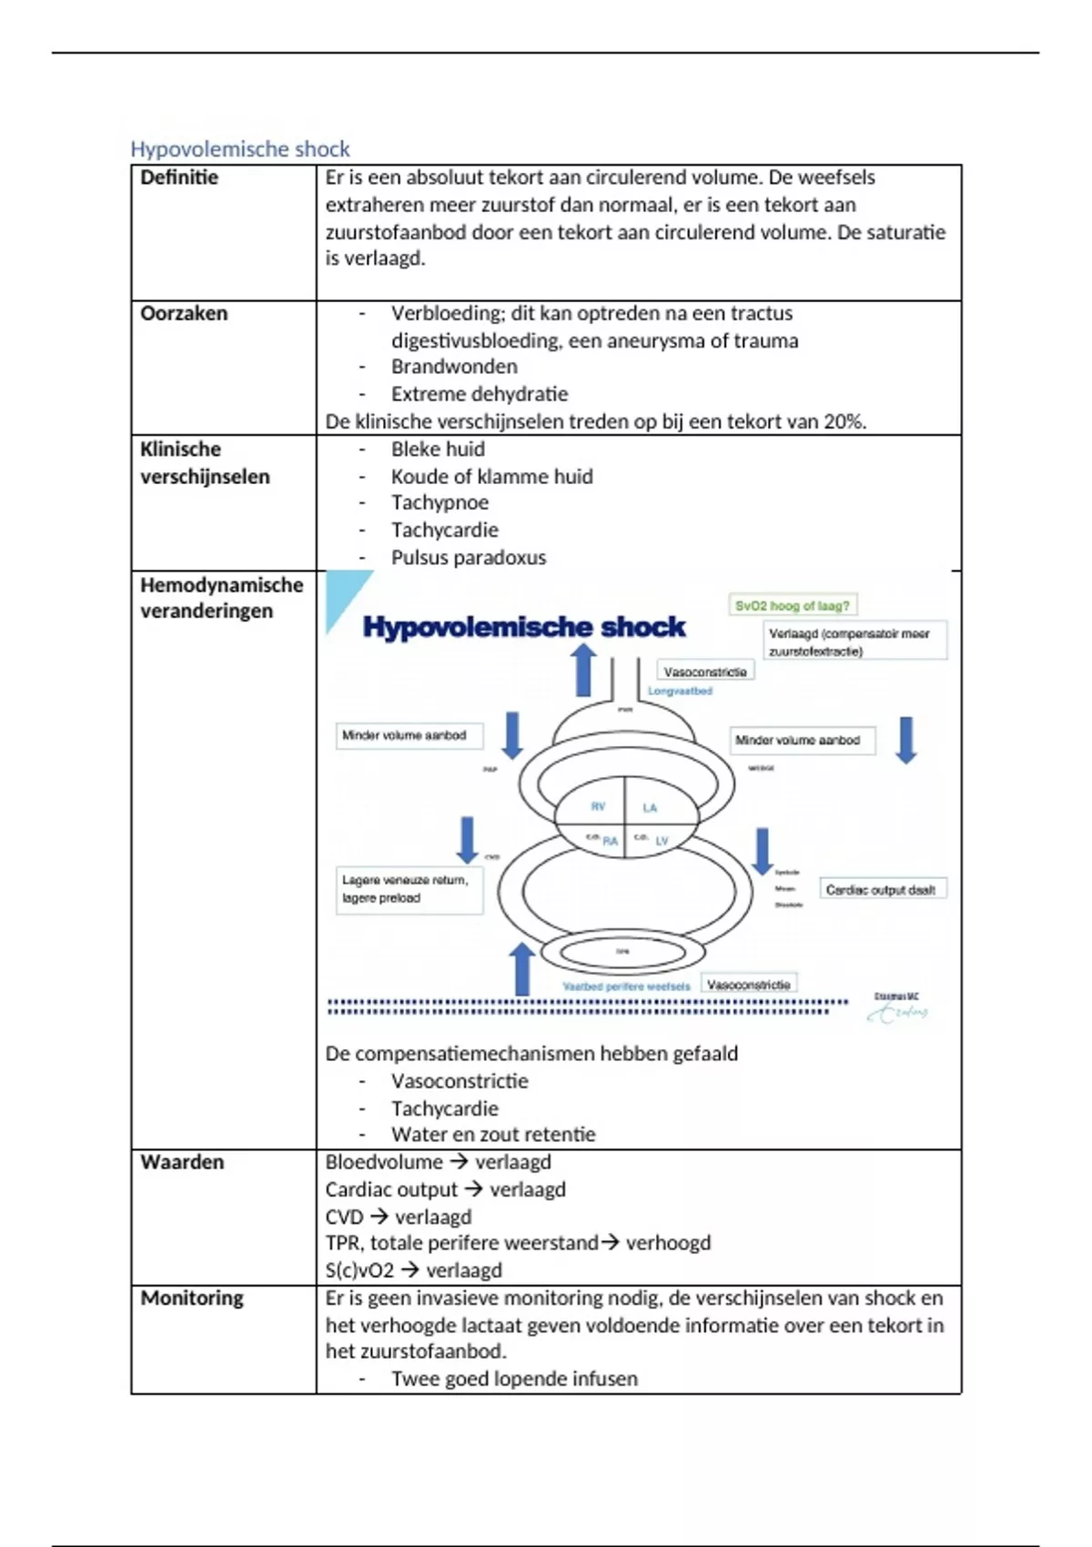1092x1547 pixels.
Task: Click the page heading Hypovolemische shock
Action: tap(240, 148)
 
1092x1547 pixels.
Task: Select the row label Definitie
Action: tap(179, 177)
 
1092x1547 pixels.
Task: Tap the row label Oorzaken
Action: tap(184, 313)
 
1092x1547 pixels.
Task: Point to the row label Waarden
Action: tap(182, 1162)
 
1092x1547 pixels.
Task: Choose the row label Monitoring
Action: tap(192, 1298)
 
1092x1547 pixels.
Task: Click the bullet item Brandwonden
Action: tap(454, 367)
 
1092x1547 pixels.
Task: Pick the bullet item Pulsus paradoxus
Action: tap(468, 557)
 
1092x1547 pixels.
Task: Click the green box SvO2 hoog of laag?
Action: tap(793, 605)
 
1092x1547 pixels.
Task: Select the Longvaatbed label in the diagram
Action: tap(680, 692)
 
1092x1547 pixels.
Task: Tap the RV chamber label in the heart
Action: tap(598, 806)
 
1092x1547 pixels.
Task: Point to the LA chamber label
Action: tap(650, 807)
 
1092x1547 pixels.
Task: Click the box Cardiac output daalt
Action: tap(881, 889)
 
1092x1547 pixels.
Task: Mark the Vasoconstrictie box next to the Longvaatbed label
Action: tap(705, 672)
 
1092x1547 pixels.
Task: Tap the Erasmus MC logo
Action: tap(898, 1006)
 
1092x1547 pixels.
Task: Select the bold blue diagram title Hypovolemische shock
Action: tap(524, 627)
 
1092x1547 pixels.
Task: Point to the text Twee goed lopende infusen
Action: tap(514, 1379)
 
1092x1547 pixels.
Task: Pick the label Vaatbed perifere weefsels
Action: tap(626, 986)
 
